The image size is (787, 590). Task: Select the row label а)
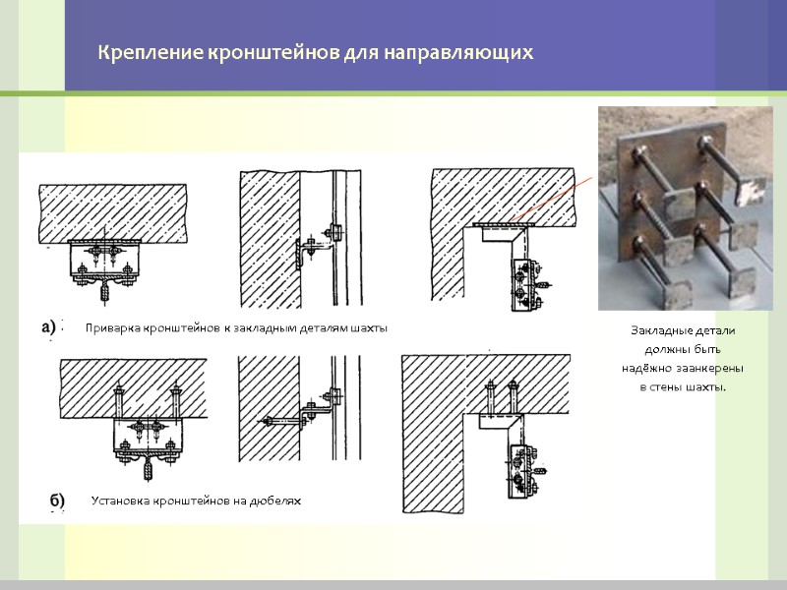[x=48, y=327]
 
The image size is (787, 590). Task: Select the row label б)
[x=57, y=501]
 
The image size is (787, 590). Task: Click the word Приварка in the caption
[x=112, y=328]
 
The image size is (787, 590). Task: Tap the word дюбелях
[x=274, y=501]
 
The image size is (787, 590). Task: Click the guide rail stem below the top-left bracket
[x=104, y=291]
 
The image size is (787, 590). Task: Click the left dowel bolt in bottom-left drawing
[x=119, y=400]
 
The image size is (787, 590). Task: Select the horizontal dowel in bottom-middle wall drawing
[x=282, y=422]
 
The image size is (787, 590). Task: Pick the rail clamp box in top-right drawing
[x=526, y=284]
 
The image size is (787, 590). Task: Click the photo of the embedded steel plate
[x=685, y=208]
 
